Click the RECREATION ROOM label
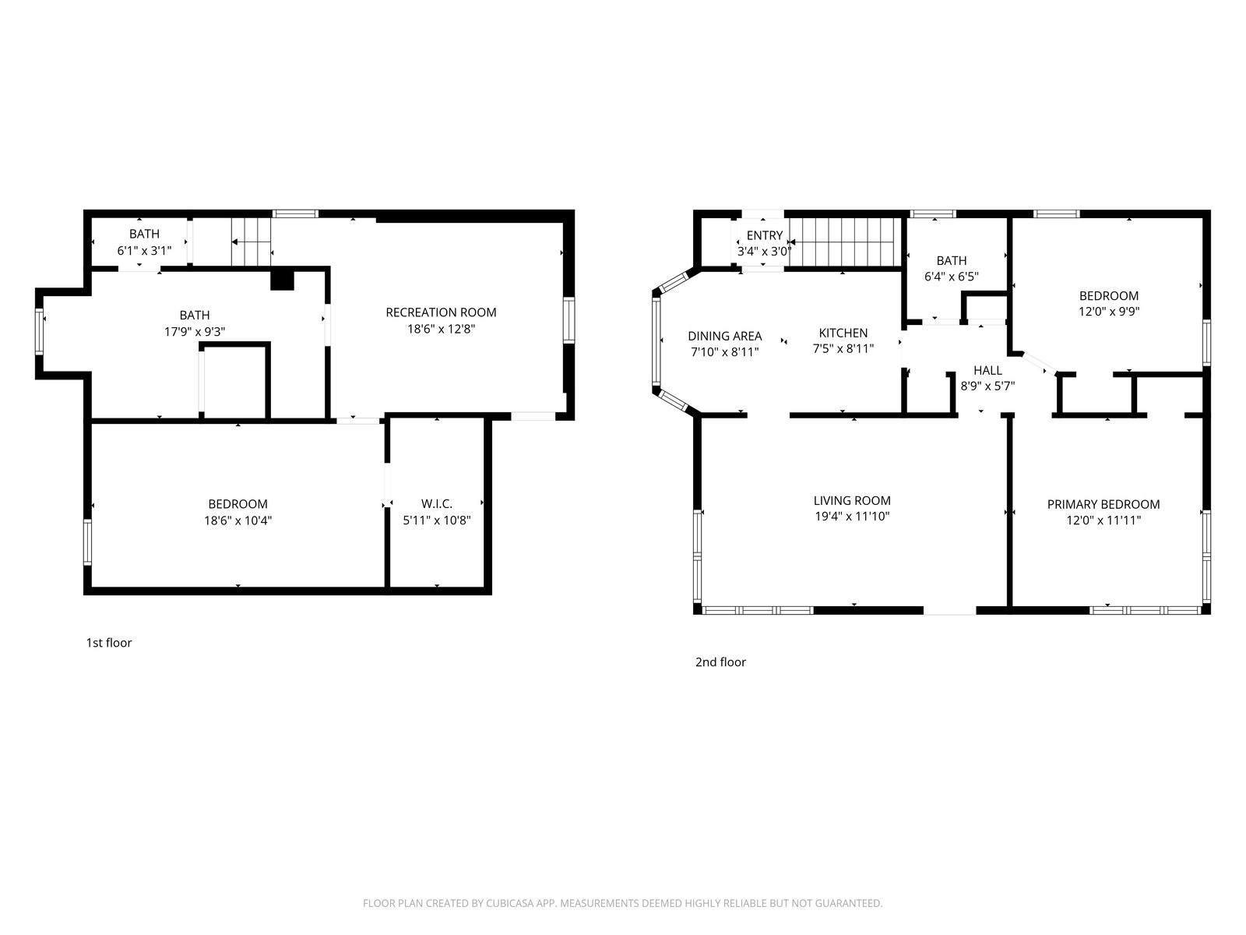coord(441,312)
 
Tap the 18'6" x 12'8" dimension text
coord(441,329)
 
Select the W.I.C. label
coord(437,503)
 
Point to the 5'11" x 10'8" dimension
coord(437,520)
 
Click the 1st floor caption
coord(109,643)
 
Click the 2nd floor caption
coord(720,662)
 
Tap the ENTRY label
coord(765,235)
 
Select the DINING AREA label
coord(725,336)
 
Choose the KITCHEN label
coord(843,333)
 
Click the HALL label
coord(987,370)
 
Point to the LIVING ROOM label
coord(852,500)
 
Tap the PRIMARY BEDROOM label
coord(1103,504)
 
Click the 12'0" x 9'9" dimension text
coord(1109,311)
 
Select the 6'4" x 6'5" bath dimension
coord(952,277)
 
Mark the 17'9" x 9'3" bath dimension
coord(195,331)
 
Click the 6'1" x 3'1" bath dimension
coord(144,250)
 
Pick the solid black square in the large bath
coord(282,280)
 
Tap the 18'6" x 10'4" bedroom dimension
coord(238,520)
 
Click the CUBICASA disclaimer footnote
coord(623,903)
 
